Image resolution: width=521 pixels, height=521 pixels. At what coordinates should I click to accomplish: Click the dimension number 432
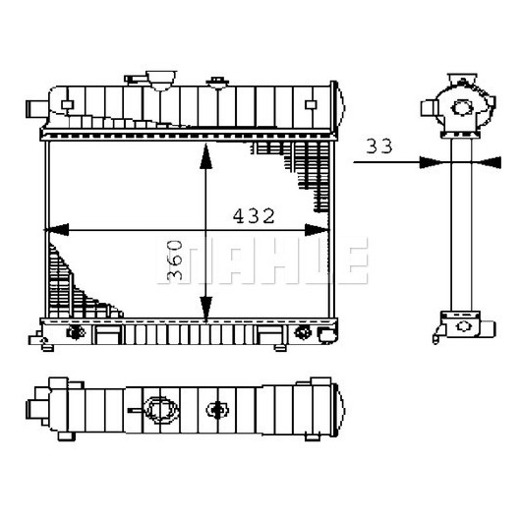254,216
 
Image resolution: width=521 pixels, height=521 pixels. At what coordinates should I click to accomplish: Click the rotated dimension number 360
174,260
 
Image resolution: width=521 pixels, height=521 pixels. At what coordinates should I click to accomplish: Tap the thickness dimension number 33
379,145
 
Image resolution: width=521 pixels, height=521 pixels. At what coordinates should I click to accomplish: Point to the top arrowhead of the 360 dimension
206,156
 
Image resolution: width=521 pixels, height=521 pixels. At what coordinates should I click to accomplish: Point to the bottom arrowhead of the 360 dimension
206,310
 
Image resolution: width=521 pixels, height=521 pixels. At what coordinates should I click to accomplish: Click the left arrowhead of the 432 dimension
56,230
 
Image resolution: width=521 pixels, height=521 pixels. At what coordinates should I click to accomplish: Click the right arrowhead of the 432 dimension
317,230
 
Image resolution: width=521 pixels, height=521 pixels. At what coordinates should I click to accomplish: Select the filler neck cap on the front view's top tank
161,80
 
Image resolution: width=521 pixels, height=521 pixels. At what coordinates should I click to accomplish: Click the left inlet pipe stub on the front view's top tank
37,109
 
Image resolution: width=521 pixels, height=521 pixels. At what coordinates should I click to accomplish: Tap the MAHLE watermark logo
262,260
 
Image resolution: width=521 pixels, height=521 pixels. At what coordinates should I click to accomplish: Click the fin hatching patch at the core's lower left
78,286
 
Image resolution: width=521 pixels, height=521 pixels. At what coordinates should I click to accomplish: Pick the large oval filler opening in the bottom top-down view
161,410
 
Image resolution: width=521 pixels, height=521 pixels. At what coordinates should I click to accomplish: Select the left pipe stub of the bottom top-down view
37,409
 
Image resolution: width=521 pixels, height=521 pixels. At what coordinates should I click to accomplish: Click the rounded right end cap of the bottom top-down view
338,410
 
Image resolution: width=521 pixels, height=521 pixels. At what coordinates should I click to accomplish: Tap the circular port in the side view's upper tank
462,108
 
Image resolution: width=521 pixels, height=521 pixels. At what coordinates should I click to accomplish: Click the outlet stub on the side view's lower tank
489,328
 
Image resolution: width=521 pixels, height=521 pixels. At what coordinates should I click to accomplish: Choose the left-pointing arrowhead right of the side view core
489,162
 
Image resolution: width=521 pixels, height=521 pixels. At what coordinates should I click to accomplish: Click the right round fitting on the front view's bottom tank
303,332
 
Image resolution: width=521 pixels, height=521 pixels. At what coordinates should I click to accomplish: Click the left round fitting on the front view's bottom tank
76,332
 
